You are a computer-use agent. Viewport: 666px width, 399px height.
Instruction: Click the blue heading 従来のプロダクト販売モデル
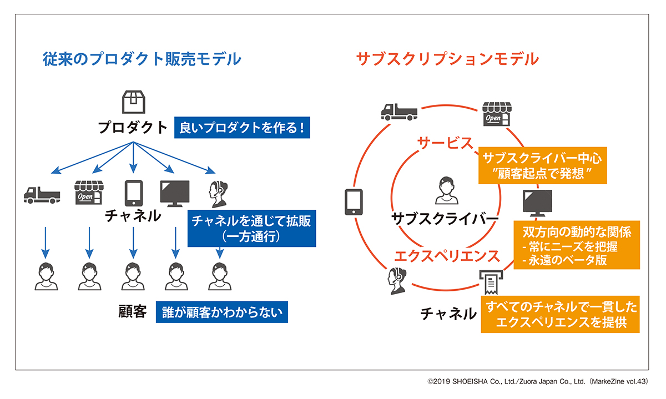click(142, 59)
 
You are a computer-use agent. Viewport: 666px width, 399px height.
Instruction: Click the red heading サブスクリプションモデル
click(447, 59)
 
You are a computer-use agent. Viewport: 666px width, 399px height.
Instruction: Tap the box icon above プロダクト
click(133, 102)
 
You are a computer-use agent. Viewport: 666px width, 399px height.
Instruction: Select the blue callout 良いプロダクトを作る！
click(241, 128)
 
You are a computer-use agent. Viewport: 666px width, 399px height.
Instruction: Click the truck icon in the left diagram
click(42, 194)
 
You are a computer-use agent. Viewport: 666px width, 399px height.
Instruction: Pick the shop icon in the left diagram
click(89, 191)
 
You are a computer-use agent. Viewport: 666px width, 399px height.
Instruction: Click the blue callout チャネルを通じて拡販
click(251, 228)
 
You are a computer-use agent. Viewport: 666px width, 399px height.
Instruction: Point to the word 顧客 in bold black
click(132, 312)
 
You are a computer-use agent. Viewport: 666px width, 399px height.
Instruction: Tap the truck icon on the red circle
click(398, 112)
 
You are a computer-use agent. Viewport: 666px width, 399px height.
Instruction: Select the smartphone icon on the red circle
click(354, 202)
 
